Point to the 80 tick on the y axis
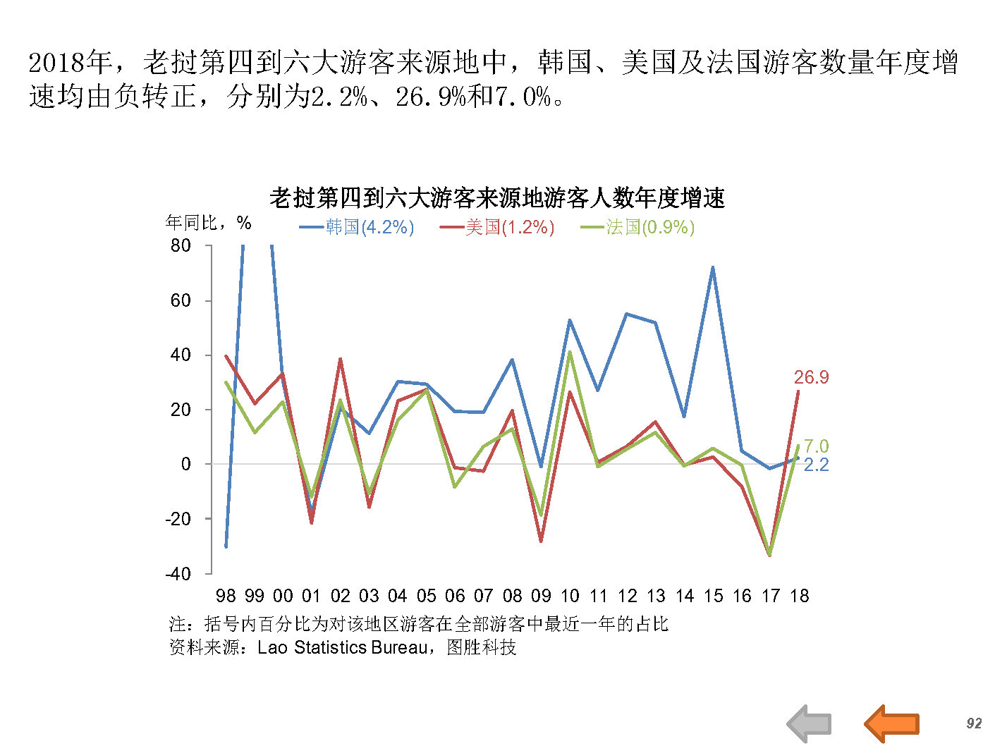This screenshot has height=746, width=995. pos(181,245)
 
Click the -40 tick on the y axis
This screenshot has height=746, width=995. pos(178,573)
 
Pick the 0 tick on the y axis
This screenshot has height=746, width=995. pos(185,464)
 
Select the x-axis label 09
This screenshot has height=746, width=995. pos(541,596)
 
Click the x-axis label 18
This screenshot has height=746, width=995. pos(799,596)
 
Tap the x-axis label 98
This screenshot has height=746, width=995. pos(226,596)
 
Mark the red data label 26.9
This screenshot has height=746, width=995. pos(811,378)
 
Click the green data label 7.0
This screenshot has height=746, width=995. pos(816,446)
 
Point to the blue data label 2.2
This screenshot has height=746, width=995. pos(816,465)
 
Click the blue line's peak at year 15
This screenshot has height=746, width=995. pos(713,267)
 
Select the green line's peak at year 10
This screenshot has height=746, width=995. pos(570,352)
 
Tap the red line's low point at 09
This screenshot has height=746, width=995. pos(541,541)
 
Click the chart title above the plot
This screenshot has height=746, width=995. pos(496,198)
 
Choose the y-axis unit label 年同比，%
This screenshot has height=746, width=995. pos(208,223)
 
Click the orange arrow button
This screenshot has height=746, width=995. pos(892,723)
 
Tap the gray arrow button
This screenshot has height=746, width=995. pos(810,723)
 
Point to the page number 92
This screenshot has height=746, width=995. pos(974,723)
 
